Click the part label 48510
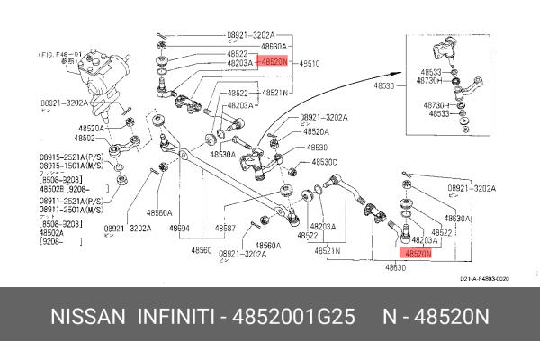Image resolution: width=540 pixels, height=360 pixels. tap(310, 64)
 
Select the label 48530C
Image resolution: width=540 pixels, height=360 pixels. tap(324, 162)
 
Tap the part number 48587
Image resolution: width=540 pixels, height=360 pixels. tap(224, 229)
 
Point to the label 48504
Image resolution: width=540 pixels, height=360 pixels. tap(179, 229)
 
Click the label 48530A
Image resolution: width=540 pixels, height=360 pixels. tap(223, 155)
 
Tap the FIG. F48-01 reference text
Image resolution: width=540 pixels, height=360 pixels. tap(61, 55)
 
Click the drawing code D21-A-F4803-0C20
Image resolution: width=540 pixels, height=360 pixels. tap(485, 279)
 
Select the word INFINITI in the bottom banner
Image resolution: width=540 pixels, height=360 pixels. tap(175, 319)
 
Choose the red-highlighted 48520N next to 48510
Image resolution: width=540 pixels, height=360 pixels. tap(274, 64)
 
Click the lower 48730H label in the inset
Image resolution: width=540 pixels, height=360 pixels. tap(436, 104)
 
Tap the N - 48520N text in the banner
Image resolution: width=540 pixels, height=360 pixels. tap(435, 319)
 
